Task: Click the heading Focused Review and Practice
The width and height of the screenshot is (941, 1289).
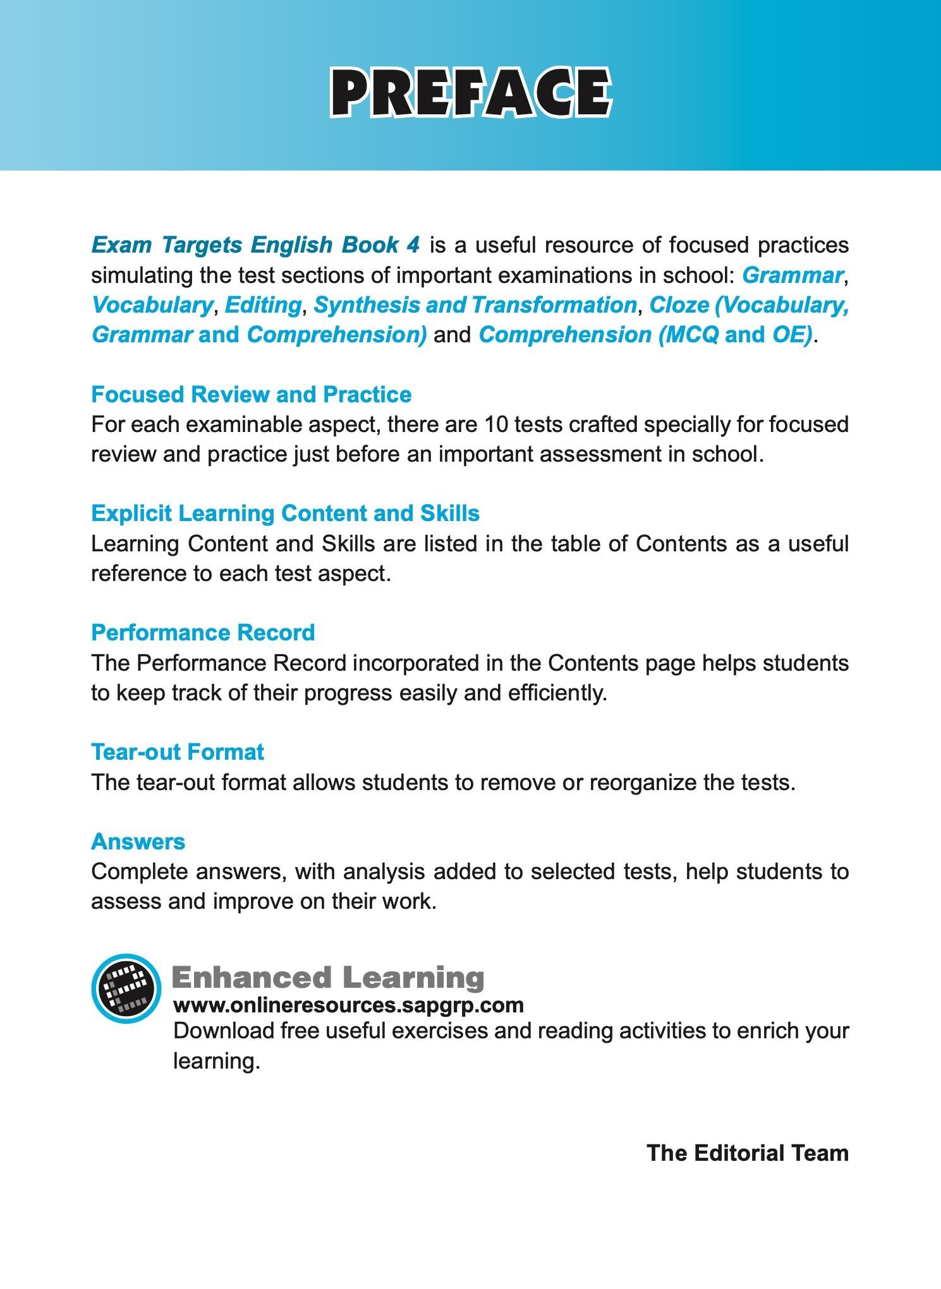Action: click(x=251, y=394)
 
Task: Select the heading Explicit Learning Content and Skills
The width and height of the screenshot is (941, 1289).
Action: click(x=285, y=513)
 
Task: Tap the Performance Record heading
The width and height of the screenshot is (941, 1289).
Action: click(x=203, y=632)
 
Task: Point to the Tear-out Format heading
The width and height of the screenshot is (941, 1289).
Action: click(x=178, y=752)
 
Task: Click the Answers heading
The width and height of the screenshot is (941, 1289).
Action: click(x=138, y=841)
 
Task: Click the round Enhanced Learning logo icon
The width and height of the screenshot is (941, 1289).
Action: click(x=126, y=988)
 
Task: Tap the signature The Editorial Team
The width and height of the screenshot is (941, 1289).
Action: click(x=747, y=1153)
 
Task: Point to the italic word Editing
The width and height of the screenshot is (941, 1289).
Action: click(x=263, y=305)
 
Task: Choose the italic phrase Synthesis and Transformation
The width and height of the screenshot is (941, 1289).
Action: click(x=475, y=305)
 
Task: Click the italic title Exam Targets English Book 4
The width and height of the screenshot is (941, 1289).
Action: click(x=255, y=245)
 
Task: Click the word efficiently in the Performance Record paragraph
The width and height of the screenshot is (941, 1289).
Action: click(x=557, y=693)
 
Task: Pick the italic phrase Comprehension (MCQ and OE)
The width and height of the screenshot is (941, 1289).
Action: click(x=645, y=335)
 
